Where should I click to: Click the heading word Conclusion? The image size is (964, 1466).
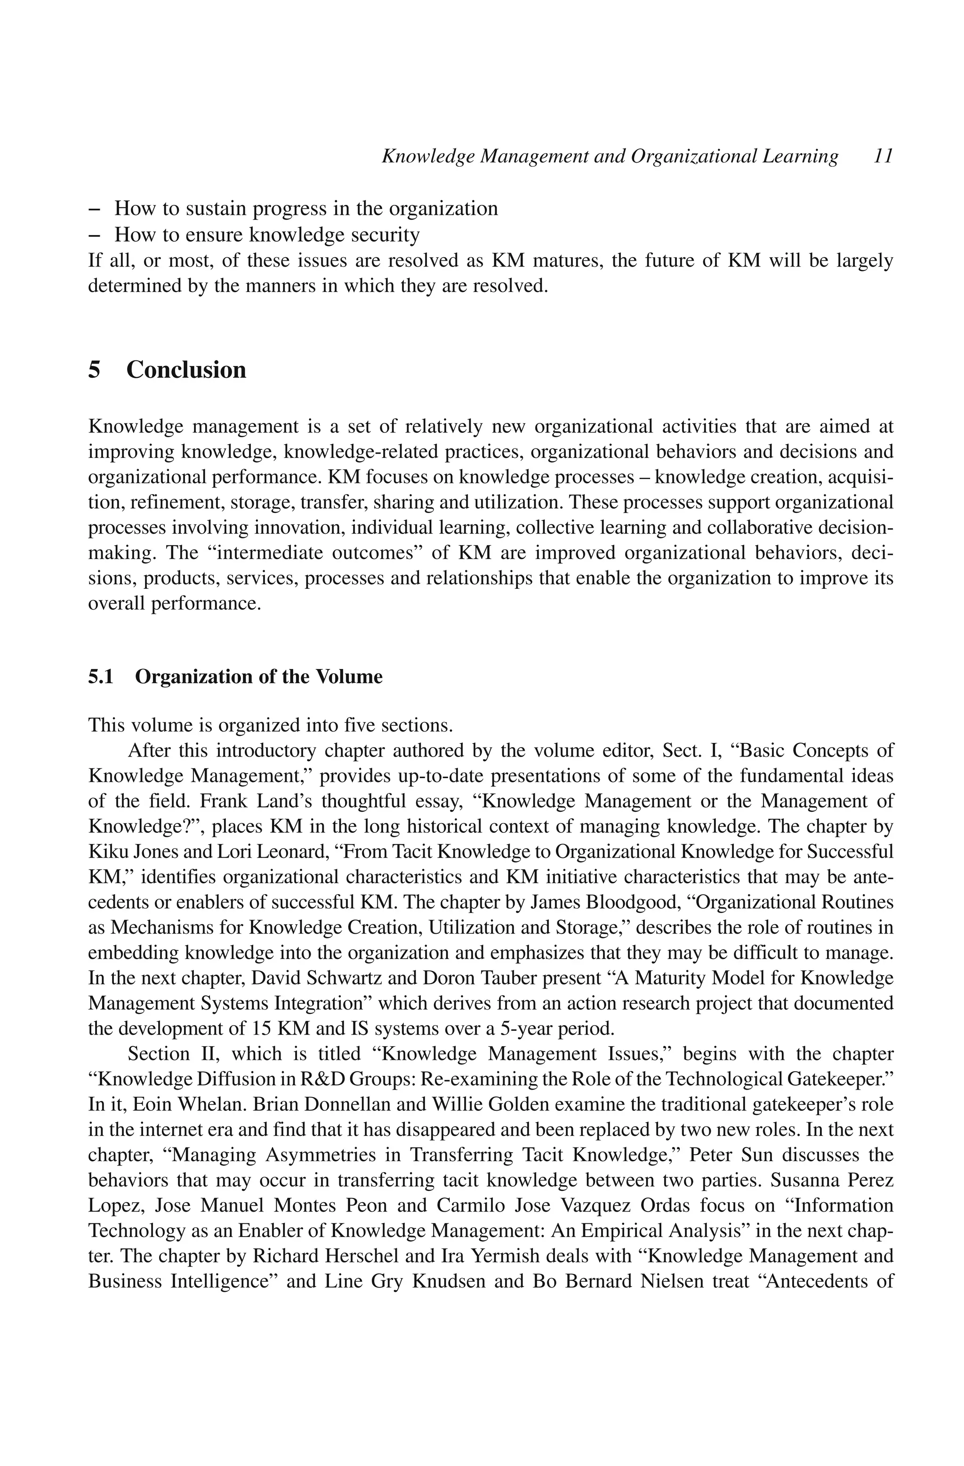(x=186, y=370)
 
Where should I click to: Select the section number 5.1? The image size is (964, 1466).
(x=101, y=677)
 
